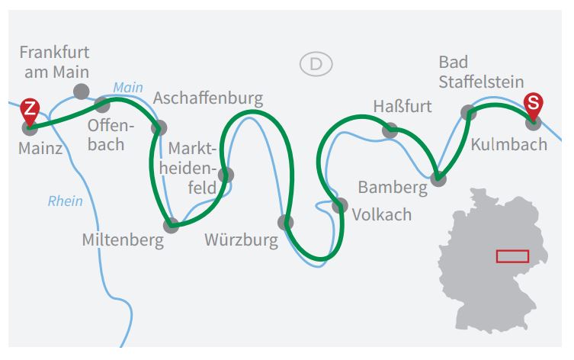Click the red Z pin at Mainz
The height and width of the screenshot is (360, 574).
pos(30,111)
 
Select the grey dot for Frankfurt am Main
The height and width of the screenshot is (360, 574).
pos(82,92)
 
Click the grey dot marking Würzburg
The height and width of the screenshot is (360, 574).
pos(286,222)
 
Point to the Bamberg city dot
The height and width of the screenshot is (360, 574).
pos(438,178)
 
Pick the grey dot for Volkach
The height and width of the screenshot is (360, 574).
pos(340,205)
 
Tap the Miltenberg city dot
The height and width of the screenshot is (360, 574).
pos(171,225)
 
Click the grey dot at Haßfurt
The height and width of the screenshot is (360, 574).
pos(390,130)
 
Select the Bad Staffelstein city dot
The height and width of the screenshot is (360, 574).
pos(469,112)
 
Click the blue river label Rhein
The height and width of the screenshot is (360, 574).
pos(65,201)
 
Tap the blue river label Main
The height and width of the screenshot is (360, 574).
pos(128,88)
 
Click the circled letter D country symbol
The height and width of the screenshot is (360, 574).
pos(316,64)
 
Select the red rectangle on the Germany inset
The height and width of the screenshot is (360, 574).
pos(512,256)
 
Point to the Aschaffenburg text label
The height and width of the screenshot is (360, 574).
pos(208,98)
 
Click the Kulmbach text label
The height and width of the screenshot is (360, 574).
pos(509,144)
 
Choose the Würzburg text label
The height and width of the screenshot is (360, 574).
pos(241,240)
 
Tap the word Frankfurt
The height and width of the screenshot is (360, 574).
pos(55,53)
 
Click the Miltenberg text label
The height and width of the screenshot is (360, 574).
pos(123,240)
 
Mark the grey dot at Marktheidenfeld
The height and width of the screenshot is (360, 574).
pos(226,175)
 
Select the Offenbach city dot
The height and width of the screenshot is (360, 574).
pos(102,105)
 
